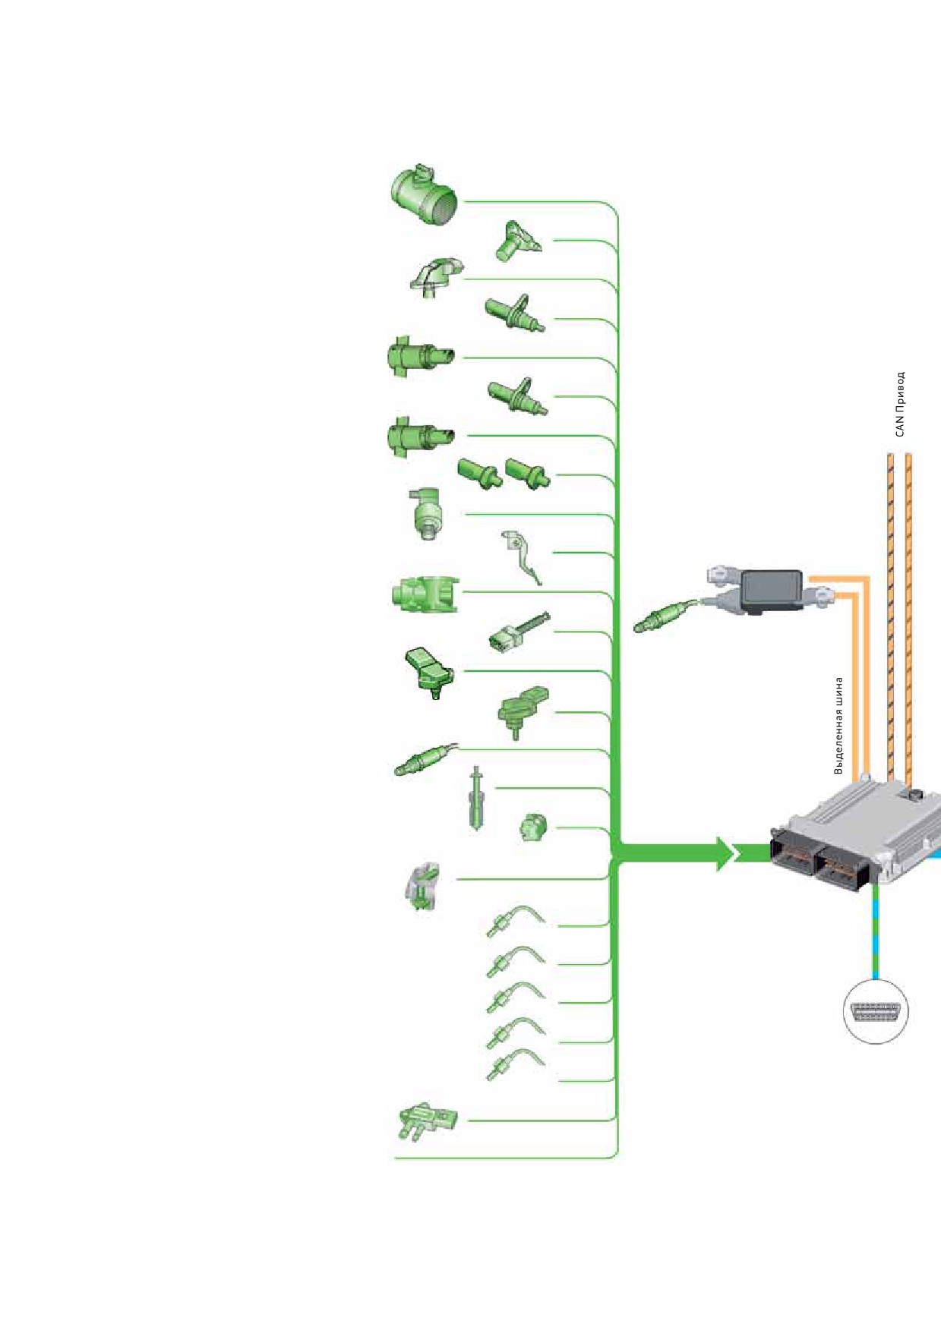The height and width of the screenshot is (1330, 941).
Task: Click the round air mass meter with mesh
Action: [424, 194]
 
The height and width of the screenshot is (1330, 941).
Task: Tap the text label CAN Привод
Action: [900, 404]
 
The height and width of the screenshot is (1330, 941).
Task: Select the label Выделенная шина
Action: [839, 726]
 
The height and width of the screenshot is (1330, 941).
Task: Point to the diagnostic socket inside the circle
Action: [876, 1011]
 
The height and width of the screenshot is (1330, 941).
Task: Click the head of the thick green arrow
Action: [725, 854]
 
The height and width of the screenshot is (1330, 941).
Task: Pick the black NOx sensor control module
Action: [771, 592]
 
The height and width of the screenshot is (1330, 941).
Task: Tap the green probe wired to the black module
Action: [665, 615]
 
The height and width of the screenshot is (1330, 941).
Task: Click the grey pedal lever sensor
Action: [521, 557]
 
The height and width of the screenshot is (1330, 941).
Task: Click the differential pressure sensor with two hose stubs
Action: [427, 1122]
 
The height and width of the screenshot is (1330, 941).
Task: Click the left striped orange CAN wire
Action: [891, 616]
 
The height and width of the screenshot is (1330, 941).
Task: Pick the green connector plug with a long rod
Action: [519, 632]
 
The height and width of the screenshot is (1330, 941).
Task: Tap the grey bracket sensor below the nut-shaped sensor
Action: [423, 886]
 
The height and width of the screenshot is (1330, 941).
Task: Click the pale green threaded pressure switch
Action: [428, 513]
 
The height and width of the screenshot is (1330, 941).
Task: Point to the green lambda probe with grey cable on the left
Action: [425, 759]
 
